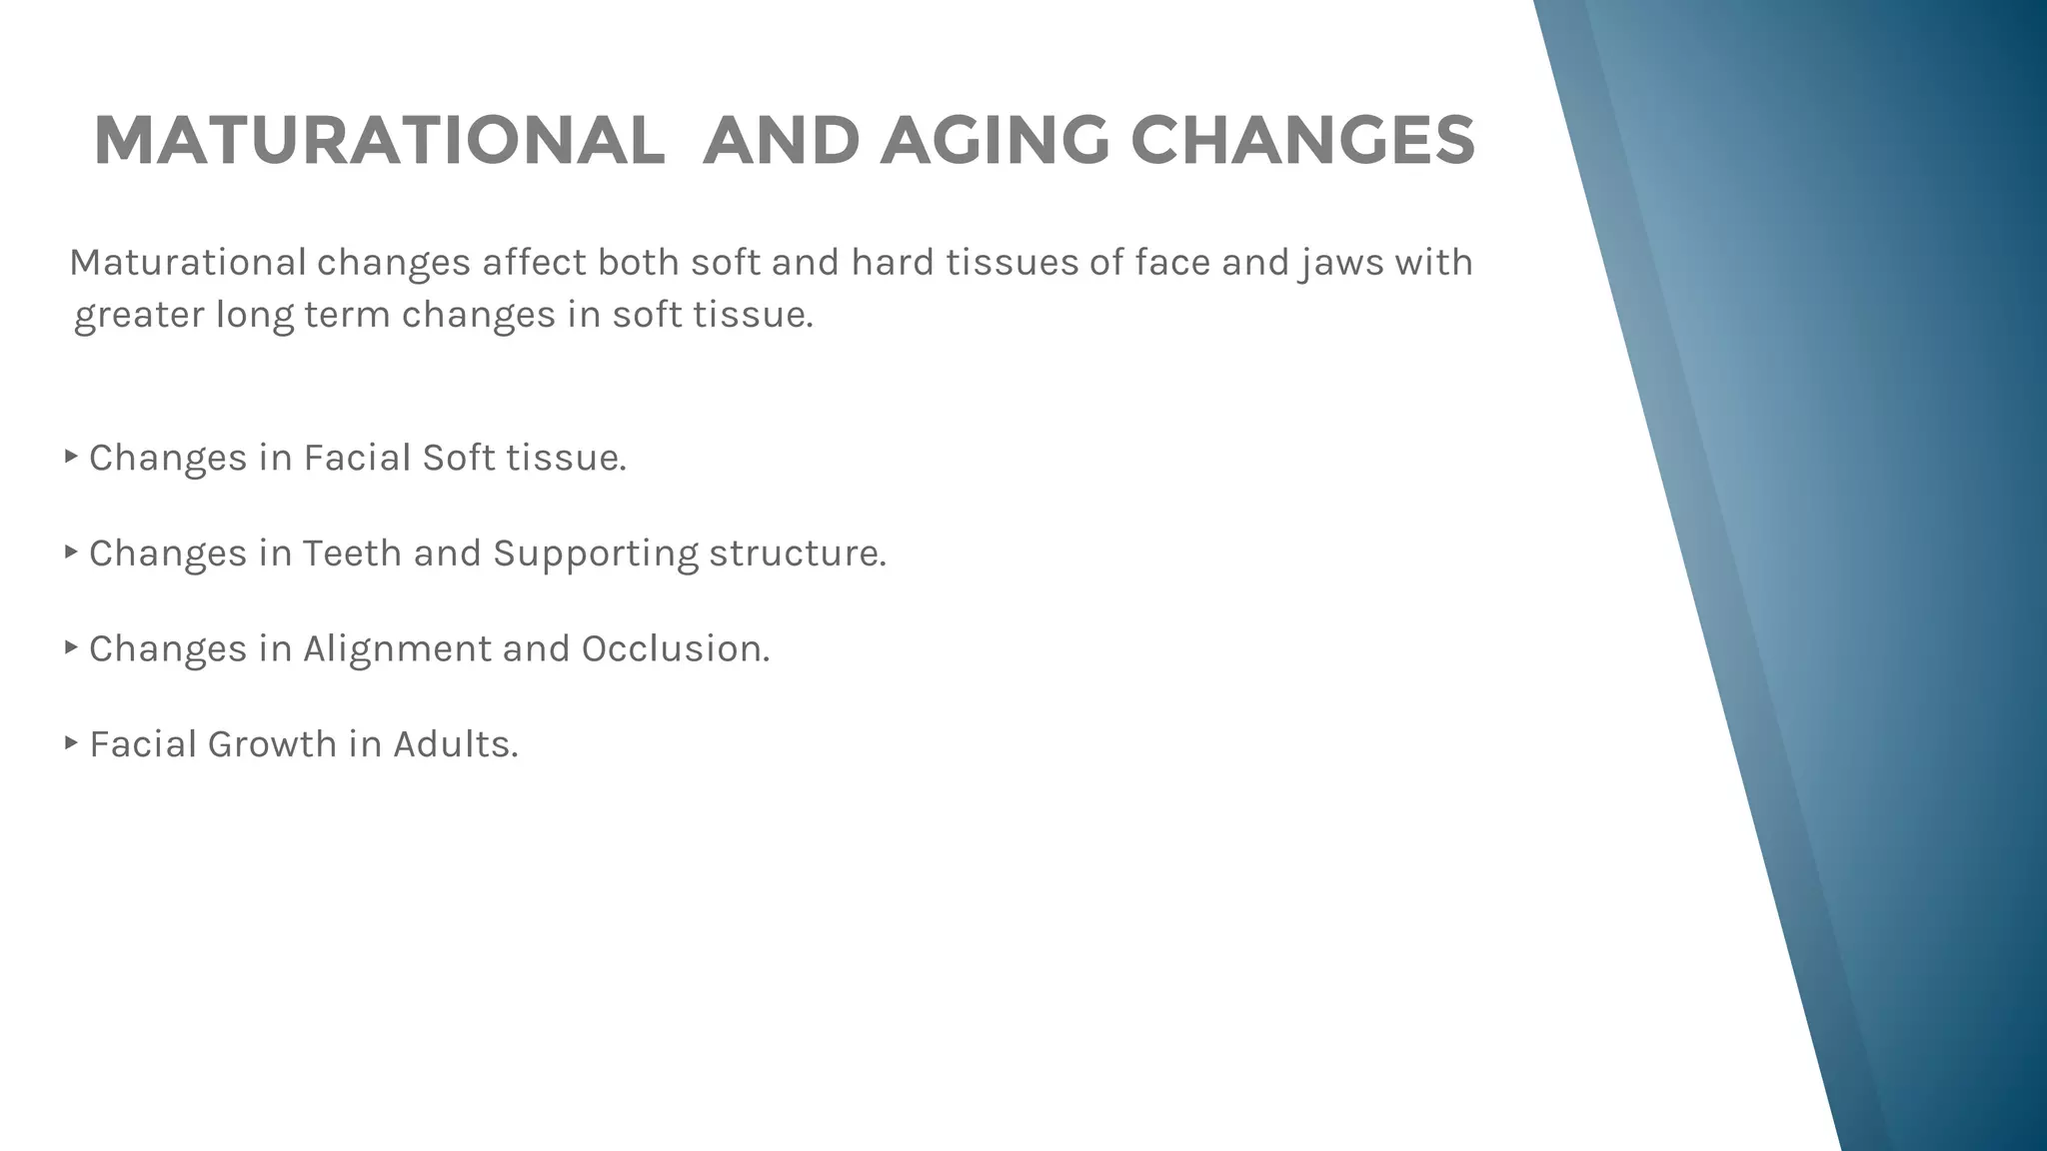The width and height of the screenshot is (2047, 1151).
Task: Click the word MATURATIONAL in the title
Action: click(379, 141)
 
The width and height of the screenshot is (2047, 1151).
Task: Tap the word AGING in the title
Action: click(994, 141)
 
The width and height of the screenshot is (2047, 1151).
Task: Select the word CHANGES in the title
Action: click(1302, 141)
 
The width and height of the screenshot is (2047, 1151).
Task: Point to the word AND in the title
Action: click(781, 141)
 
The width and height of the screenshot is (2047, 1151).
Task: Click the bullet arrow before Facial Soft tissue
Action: click(71, 457)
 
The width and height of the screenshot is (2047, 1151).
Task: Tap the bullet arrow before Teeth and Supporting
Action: click(71, 552)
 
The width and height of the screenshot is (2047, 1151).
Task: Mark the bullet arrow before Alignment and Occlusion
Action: click(71, 647)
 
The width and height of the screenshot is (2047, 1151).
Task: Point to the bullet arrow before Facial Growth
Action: click(71, 742)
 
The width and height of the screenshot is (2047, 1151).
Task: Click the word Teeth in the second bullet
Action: click(352, 554)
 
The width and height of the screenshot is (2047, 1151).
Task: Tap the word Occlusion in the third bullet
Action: click(675, 649)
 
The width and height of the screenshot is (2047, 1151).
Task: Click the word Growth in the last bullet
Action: click(272, 744)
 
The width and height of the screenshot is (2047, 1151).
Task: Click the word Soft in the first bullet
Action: click(459, 458)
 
